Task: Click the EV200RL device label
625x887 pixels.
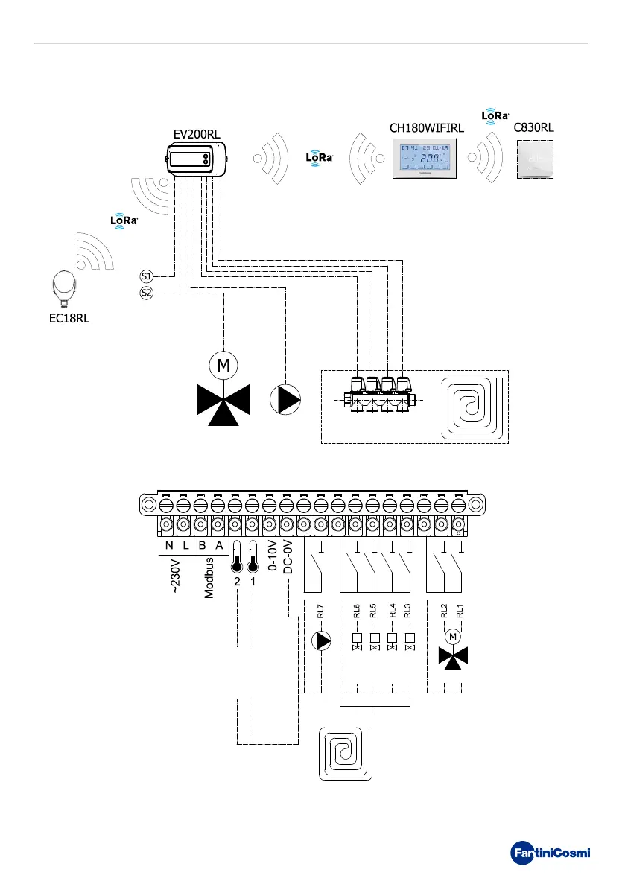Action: pos(197,134)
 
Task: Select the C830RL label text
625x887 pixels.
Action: pos(534,127)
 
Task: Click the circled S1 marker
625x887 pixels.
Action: pos(146,276)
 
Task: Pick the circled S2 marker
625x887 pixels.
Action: pos(146,293)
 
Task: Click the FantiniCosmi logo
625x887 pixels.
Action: pos(550,852)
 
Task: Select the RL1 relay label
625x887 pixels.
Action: pos(460,611)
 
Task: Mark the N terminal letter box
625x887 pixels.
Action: pos(169,545)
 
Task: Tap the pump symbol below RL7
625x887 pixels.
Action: pos(320,640)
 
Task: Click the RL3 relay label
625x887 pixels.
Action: pos(408,611)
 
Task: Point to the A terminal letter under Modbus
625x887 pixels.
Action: pos(219,545)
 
